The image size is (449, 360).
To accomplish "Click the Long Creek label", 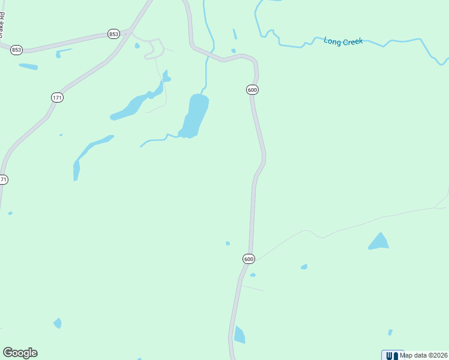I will coord(343,41).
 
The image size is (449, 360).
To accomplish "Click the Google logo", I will coord(20,353).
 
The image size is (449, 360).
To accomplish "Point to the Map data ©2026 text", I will coord(424,355).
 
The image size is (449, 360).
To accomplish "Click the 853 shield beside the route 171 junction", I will coord(113,34).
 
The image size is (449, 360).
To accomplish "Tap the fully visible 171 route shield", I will coord(57,97).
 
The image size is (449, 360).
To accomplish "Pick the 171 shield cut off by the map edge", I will coord(4,179).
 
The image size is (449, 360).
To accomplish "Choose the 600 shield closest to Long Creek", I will coord(252,89).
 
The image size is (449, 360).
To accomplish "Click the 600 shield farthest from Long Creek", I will coord(249,259).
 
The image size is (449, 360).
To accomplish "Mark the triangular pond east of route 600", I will coord(379,241).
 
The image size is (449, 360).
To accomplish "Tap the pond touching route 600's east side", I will coord(239,335).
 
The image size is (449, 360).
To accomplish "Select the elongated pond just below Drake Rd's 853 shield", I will coord(28,66).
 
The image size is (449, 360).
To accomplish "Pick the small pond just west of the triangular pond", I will coord(304,266).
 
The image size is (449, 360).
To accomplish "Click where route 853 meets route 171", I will coord(128,30).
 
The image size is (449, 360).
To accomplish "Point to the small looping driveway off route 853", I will coord(153,47).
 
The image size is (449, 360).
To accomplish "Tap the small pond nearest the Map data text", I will coord(390,332).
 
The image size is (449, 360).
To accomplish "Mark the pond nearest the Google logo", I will coord(58,323).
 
